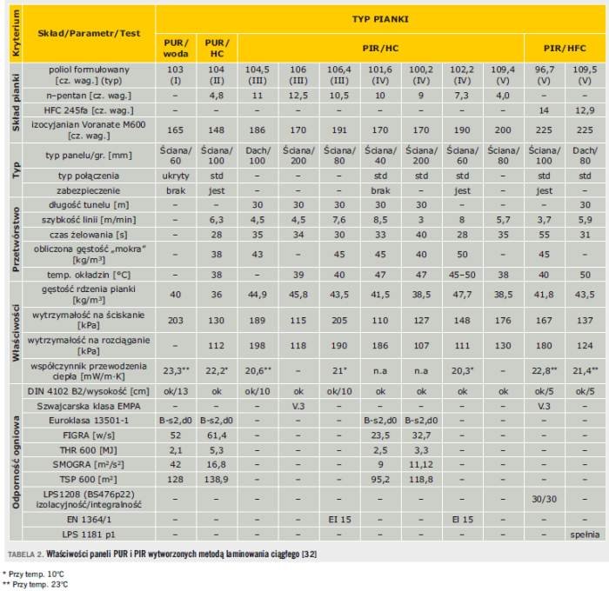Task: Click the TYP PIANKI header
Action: pyautogui.click(x=380, y=19)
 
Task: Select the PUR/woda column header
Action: pyautogui.click(x=176, y=48)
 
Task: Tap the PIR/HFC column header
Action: pyautogui.click(x=565, y=48)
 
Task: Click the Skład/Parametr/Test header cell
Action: pyautogui.click(x=89, y=33)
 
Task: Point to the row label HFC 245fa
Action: pyautogui.click(x=89, y=110)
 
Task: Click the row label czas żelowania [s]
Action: pyautogui.click(x=89, y=235)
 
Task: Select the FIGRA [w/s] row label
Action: pyautogui.click(x=89, y=435)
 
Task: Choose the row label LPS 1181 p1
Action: pyautogui.click(x=89, y=535)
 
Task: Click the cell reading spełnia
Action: pyautogui.click(x=585, y=535)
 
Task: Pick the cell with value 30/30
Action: pyautogui.click(x=544, y=499)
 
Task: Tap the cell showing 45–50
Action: pyautogui.click(x=462, y=275)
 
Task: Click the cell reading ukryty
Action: pyautogui.click(x=176, y=176)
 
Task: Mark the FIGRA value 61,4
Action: pyautogui.click(x=217, y=435)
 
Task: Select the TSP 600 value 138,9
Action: pyautogui.click(x=217, y=480)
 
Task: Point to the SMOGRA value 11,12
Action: pyautogui.click(x=421, y=465)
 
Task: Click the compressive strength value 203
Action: pyautogui.click(x=176, y=321)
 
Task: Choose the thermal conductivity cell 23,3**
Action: pyautogui.click(x=176, y=371)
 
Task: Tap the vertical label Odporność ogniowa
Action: pyautogui.click(x=16, y=462)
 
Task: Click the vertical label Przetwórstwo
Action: pyautogui.click(x=16, y=239)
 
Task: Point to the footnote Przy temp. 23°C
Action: pyautogui.click(x=36, y=584)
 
